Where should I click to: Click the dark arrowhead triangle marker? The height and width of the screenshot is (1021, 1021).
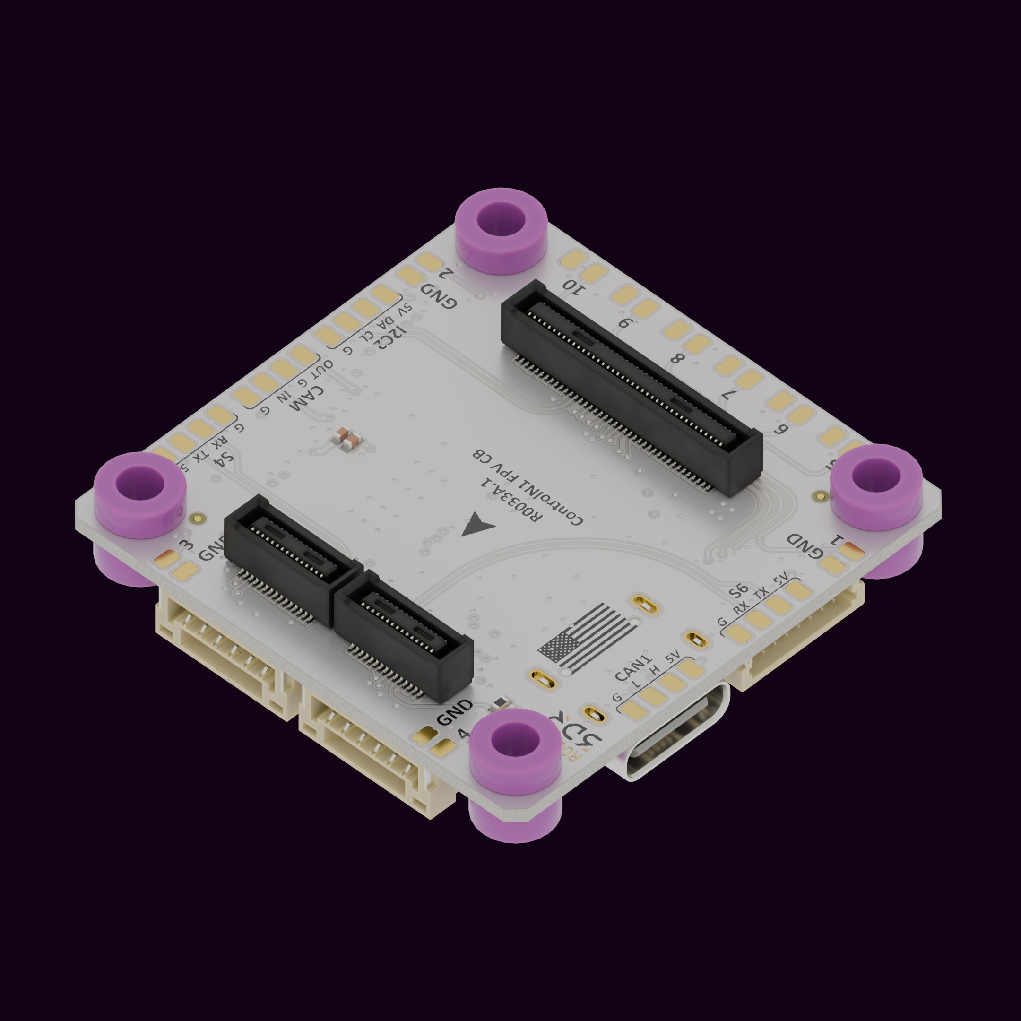(x=476, y=525)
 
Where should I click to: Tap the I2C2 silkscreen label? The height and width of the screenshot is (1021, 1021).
(x=390, y=336)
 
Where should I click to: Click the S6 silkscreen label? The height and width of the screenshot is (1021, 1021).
(x=738, y=590)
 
